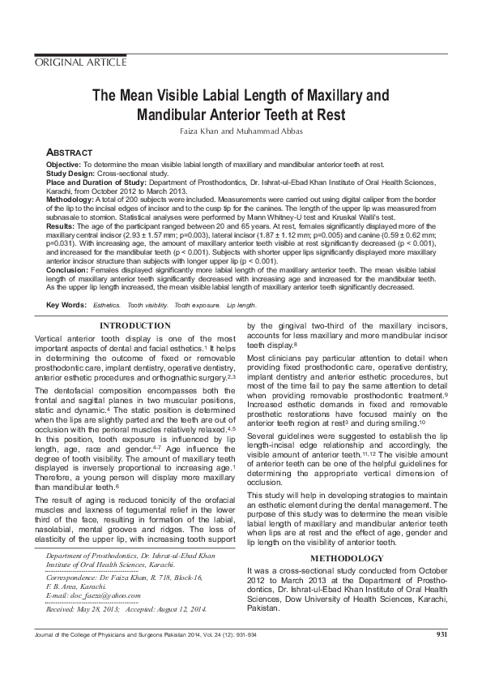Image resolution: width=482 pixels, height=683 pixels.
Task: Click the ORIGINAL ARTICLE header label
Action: point(80,62)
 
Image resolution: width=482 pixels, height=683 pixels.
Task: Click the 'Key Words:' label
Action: point(66,305)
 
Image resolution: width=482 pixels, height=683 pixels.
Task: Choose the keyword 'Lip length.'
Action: point(241,305)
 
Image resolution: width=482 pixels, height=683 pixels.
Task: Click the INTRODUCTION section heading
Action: point(134,325)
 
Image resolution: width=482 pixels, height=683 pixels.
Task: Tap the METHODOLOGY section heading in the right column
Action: point(347,559)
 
